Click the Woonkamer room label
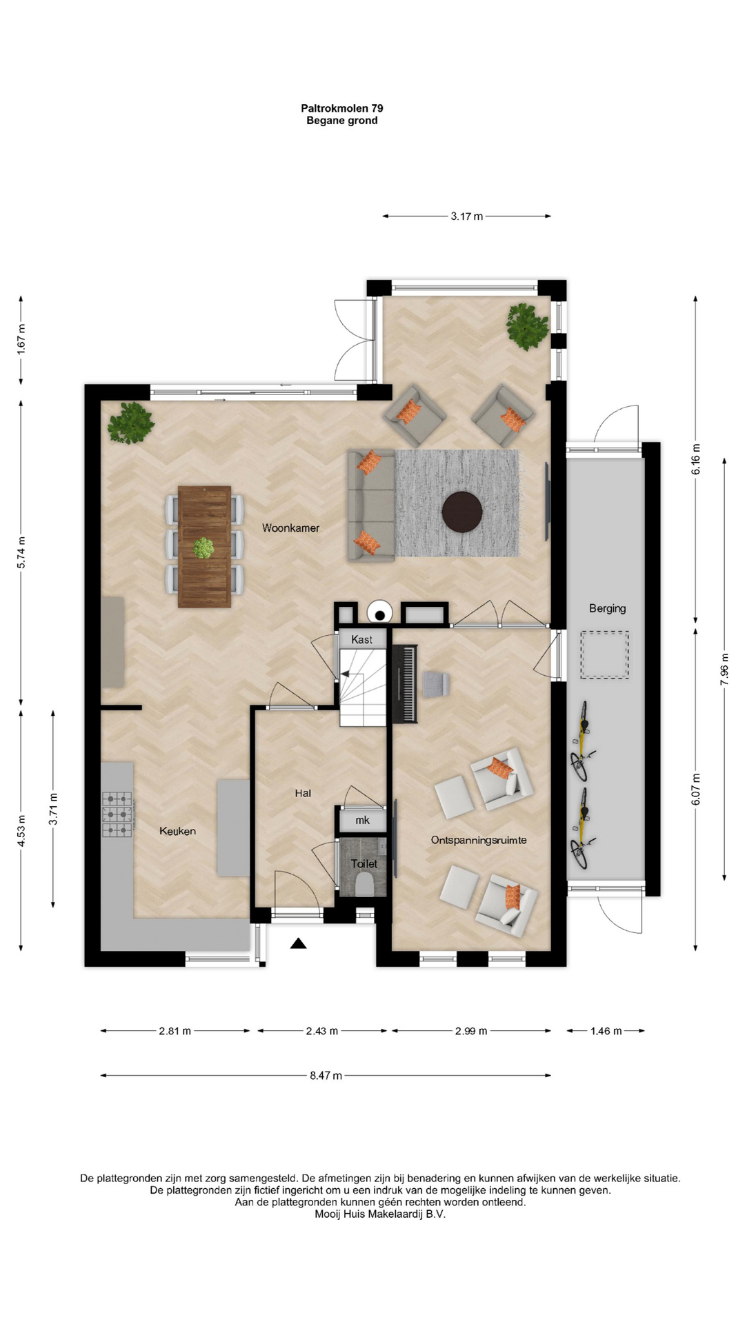click(x=290, y=528)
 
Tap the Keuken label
click(x=177, y=831)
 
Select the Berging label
click(x=607, y=608)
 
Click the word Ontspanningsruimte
click(x=479, y=840)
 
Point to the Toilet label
click(x=364, y=864)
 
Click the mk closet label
click(x=362, y=820)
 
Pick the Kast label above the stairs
click(x=361, y=639)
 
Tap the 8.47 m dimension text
click(x=326, y=1075)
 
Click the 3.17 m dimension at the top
click(x=467, y=216)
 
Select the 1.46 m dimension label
click(x=606, y=1031)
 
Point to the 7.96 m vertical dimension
click(x=724, y=669)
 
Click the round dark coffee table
click(x=462, y=511)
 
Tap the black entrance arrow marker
click(x=298, y=943)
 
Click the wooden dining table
click(x=204, y=547)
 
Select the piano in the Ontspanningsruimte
click(x=405, y=684)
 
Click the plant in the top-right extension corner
click(x=528, y=325)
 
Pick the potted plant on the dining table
click(x=203, y=548)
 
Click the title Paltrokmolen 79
click(x=342, y=108)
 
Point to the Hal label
click(x=303, y=793)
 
